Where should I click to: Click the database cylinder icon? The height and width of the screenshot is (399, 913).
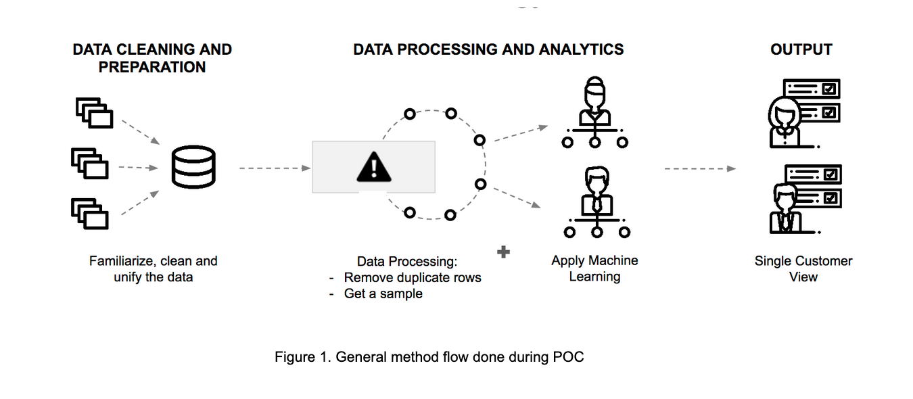(193, 166)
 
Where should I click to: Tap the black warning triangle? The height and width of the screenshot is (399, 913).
(374, 166)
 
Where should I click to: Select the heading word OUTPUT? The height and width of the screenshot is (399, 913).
(801, 49)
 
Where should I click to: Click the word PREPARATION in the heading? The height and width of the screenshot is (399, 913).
(152, 67)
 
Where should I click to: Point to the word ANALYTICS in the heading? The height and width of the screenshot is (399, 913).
(581, 49)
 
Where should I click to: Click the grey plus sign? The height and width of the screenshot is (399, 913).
(503, 252)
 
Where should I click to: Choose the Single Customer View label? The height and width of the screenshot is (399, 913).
(803, 269)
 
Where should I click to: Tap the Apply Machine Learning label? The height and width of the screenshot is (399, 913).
(594, 268)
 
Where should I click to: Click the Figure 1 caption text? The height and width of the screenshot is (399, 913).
(429, 357)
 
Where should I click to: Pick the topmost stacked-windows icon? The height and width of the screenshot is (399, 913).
(94, 113)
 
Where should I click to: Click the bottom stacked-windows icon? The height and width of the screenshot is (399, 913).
(90, 214)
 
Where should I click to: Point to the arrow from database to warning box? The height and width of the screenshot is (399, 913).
(275, 168)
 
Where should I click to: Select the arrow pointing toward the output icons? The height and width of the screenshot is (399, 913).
(700, 168)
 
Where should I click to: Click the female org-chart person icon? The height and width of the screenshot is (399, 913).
(594, 112)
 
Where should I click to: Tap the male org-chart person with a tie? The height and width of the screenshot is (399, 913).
(596, 202)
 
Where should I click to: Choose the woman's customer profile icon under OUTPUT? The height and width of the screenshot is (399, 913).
(803, 114)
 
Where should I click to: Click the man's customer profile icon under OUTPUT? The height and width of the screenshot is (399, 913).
(805, 199)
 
